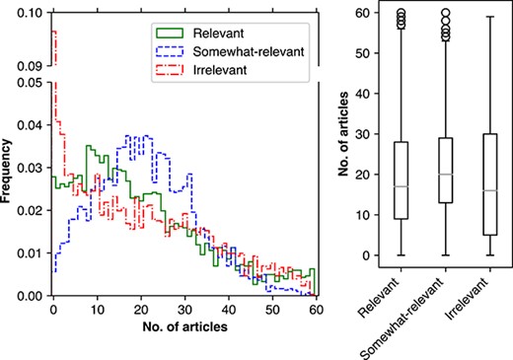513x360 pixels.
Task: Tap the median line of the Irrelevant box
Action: tap(489, 190)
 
